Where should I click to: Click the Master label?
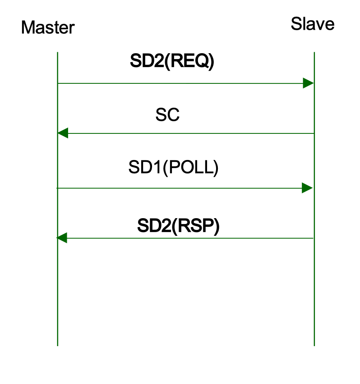[x=47, y=28]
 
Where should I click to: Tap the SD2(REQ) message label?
[x=172, y=61]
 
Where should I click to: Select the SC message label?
[x=167, y=115]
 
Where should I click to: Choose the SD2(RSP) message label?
[x=178, y=226]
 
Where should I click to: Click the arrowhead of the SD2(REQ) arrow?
[x=308, y=83]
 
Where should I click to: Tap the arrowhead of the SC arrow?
[x=63, y=133]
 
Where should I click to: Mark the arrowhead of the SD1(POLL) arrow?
[x=307, y=188]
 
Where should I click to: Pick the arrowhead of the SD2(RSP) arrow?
[x=62, y=238]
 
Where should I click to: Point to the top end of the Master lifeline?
[x=58, y=53]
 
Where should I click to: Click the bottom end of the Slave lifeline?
[x=314, y=345]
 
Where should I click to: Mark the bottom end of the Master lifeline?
[x=58, y=345]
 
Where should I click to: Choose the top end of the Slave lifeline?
[x=314, y=53]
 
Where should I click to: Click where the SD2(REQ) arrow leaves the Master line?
[x=58, y=83]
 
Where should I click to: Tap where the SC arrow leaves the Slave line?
[x=314, y=133]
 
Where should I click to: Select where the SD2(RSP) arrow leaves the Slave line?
[x=314, y=238]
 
